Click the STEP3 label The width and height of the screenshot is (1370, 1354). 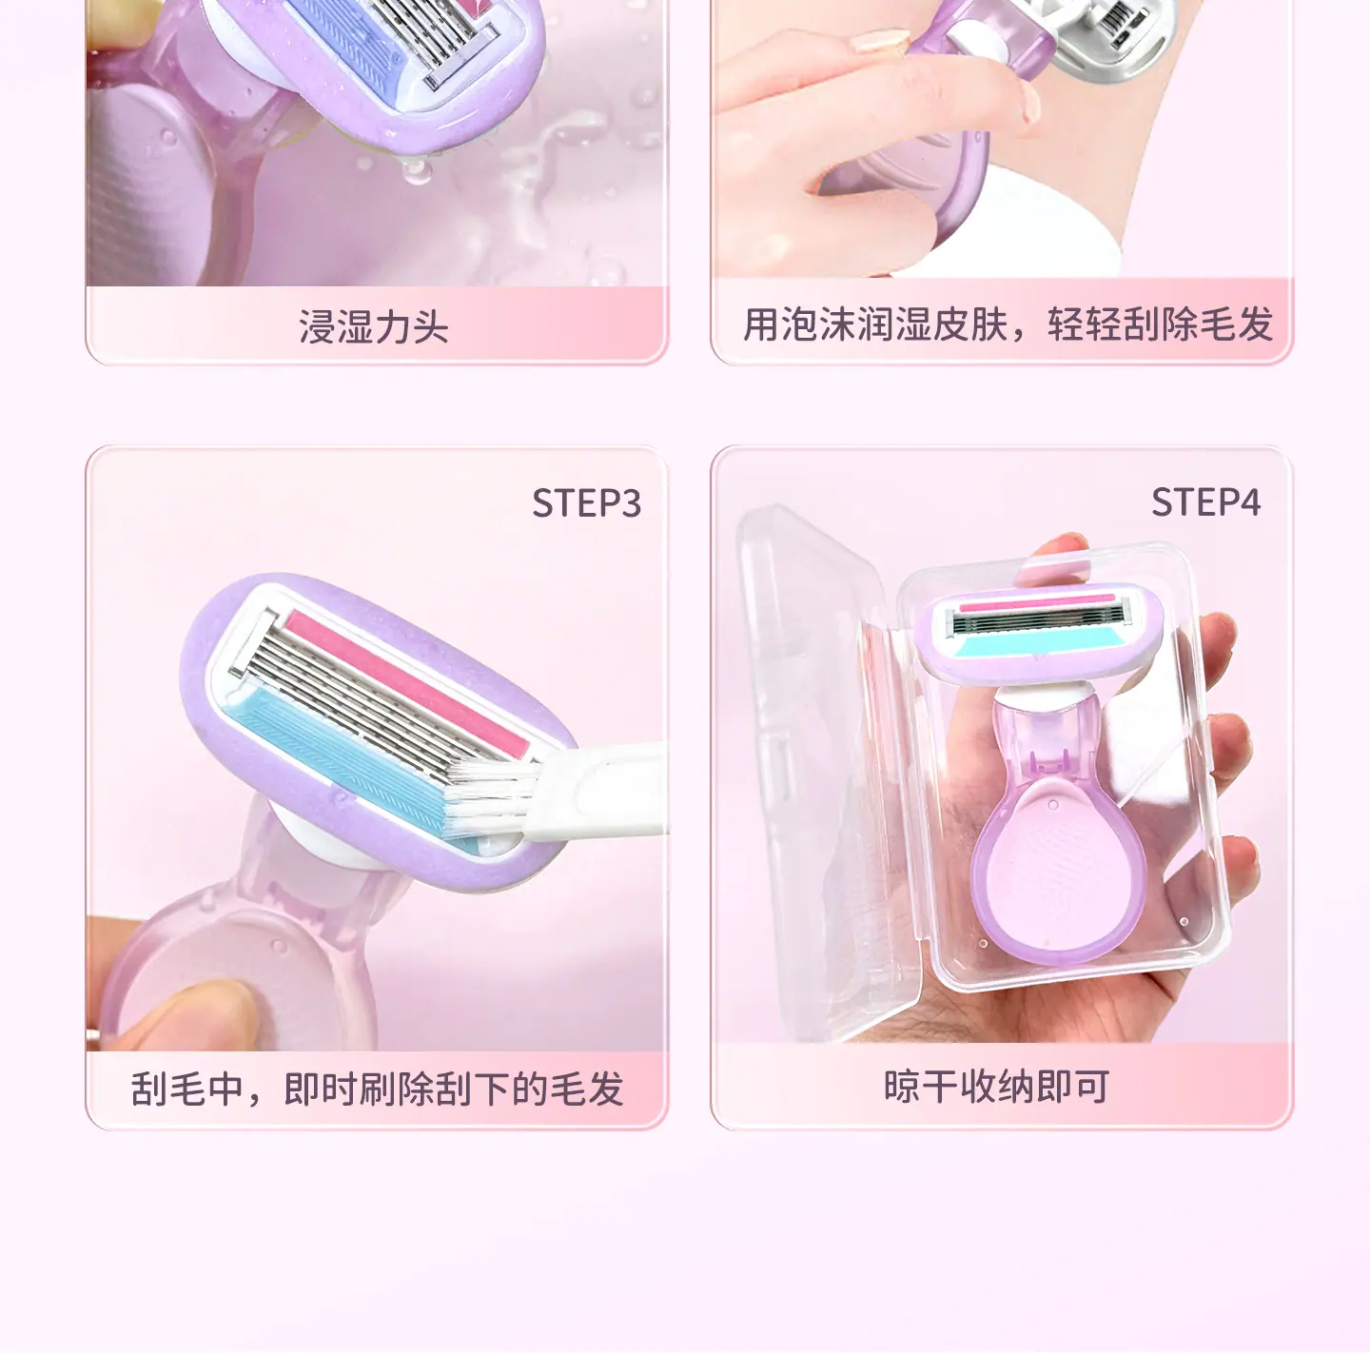click(x=587, y=503)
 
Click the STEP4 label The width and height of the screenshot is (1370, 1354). click(x=1205, y=502)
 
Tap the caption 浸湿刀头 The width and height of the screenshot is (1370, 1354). click(x=373, y=327)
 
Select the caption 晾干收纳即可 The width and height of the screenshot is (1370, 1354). click(x=997, y=1087)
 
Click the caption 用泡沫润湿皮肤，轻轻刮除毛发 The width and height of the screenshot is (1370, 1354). click(x=1008, y=324)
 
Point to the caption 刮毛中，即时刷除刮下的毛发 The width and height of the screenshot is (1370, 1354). click(x=378, y=1089)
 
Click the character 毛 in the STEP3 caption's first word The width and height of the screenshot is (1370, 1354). click(x=187, y=1089)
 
